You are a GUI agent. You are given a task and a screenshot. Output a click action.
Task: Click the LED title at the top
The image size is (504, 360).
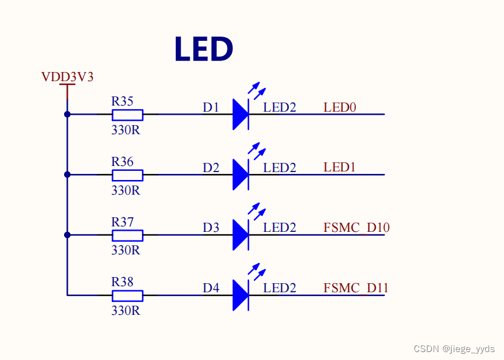click(204, 49)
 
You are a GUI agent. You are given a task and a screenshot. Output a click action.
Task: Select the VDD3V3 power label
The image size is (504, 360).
click(67, 77)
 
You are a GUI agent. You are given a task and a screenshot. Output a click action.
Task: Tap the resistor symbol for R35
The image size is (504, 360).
click(128, 115)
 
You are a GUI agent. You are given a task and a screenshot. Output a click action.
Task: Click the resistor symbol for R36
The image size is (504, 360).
click(128, 175)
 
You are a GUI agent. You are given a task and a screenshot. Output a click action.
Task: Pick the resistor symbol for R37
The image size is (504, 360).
click(128, 236)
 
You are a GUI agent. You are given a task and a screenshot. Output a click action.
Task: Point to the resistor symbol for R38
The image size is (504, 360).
click(128, 296)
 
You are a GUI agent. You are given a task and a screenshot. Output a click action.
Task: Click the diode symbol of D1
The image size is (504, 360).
click(240, 115)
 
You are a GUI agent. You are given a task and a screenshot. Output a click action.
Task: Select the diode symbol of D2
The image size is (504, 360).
click(240, 175)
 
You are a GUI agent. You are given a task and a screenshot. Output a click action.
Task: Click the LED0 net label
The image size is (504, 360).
click(340, 107)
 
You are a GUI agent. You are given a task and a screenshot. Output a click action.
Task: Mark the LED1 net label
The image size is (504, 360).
click(340, 167)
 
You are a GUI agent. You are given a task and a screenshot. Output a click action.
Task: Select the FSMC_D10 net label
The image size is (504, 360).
click(356, 228)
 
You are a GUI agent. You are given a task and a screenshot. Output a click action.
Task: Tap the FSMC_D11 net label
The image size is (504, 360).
click(356, 288)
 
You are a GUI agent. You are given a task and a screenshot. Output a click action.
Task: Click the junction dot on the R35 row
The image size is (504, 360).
click(67, 114)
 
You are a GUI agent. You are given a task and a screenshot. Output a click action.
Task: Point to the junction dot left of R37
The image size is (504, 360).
click(67, 235)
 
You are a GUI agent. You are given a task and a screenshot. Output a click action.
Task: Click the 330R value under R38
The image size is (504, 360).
click(126, 310)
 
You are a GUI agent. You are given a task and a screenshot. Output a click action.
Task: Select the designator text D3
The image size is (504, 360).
click(211, 228)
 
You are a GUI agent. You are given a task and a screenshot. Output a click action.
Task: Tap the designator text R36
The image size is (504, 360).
click(122, 162)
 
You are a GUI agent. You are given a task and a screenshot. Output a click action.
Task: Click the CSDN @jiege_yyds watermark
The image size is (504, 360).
click(453, 348)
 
